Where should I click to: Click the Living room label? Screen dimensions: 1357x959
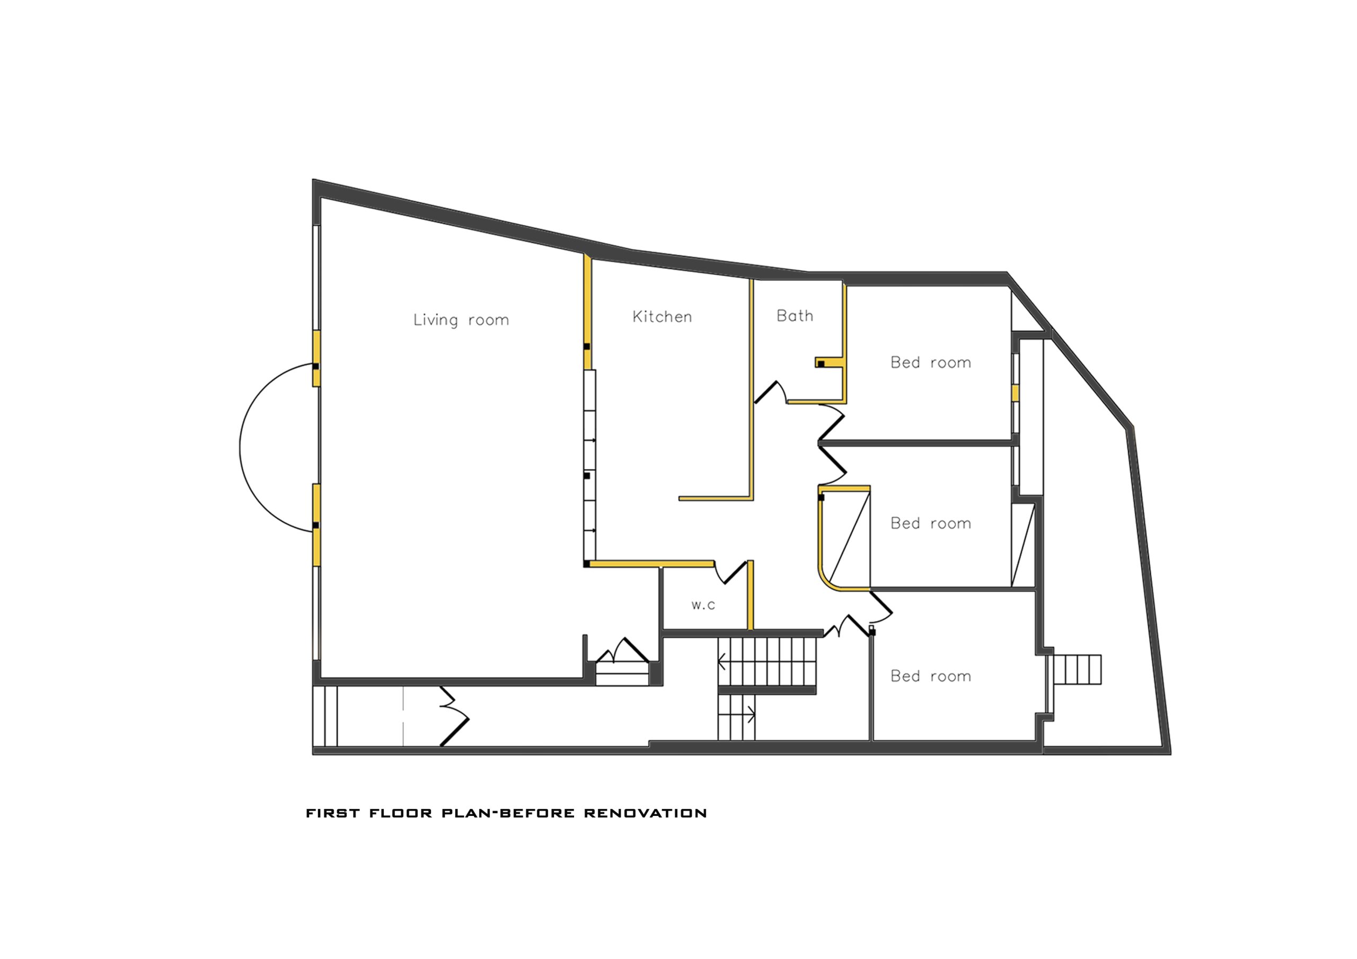[x=461, y=320]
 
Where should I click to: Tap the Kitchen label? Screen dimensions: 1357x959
[x=662, y=317]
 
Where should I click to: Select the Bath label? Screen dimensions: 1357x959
[x=795, y=316]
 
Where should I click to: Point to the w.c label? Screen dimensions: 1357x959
[x=703, y=605]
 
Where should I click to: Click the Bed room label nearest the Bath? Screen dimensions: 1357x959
[x=931, y=362]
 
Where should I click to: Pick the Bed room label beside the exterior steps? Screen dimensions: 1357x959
[x=931, y=676]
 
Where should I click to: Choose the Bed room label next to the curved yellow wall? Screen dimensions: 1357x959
[x=931, y=523]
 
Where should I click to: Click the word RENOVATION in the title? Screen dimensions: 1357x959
[x=646, y=813]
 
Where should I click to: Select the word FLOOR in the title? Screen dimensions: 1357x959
[x=401, y=813]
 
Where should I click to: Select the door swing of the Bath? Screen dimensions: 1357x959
[x=771, y=392]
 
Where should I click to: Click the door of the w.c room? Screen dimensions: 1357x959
[x=731, y=572]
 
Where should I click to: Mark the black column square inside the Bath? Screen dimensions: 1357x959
[x=821, y=364]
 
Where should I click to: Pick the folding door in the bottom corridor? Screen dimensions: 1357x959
[x=454, y=716]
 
